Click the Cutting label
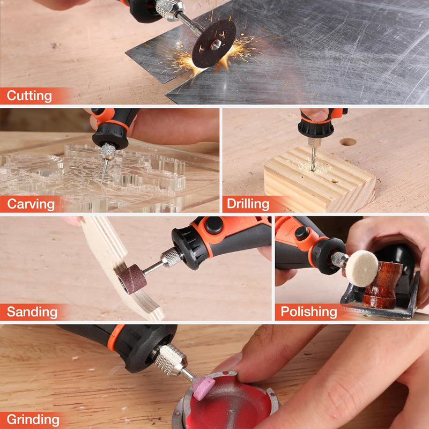(x=29, y=97)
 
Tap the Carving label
(x=31, y=204)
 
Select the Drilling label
(x=248, y=204)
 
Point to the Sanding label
(x=32, y=312)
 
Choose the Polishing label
(x=309, y=312)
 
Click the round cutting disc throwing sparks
(x=213, y=44)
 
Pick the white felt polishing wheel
(x=361, y=268)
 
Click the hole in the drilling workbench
(x=347, y=142)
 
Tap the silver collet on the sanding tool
(x=171, y=257)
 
